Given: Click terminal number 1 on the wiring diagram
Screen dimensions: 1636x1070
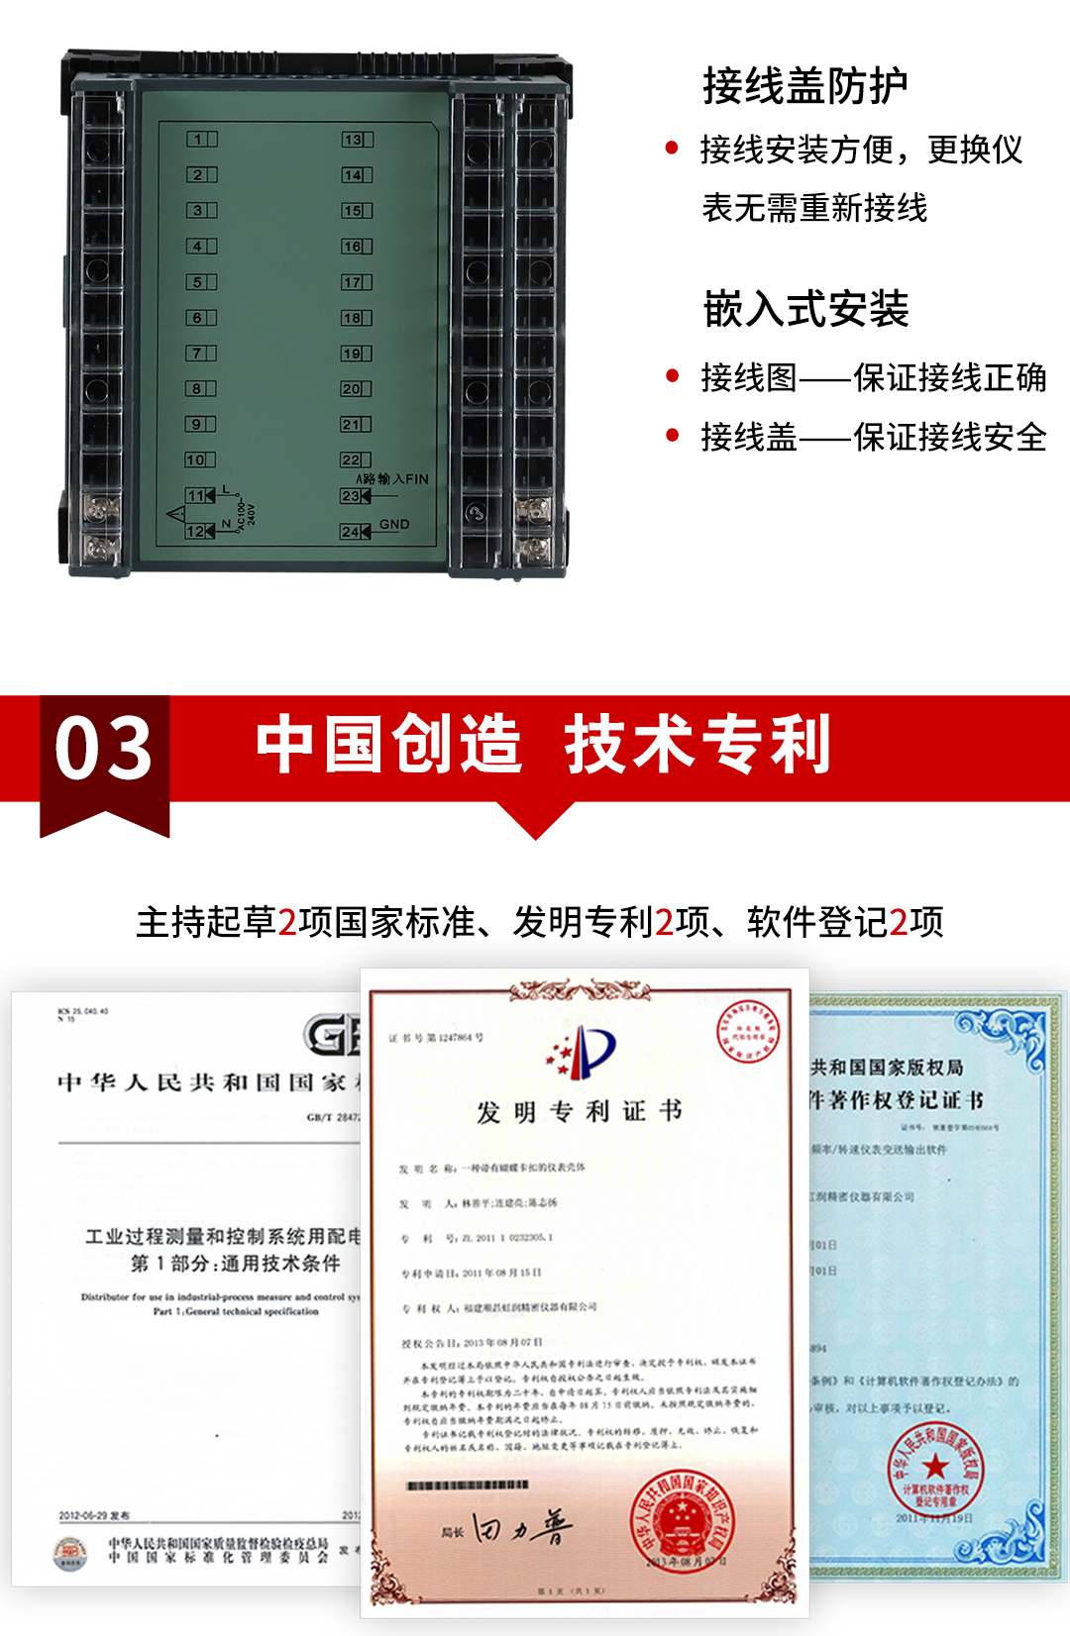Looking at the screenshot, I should tap(199, 140).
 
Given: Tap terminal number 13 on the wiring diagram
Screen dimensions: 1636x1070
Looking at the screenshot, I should tap(354, 140).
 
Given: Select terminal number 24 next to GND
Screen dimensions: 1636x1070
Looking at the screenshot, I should tap(352, 532).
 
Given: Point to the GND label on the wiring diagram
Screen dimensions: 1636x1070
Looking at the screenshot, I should tap(394, 524).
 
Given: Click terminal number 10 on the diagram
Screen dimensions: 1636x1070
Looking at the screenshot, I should tap(196, 460).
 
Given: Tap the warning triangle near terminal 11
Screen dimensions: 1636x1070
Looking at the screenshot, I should tap(175, 513).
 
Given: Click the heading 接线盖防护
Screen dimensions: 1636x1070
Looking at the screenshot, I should tap(804, 86).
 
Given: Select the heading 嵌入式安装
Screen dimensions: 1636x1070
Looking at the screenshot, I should tap(805, 309).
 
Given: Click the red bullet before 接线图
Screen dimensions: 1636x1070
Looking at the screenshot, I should tap(673, 376).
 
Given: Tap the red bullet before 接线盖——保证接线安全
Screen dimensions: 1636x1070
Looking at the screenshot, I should tap(673, 436).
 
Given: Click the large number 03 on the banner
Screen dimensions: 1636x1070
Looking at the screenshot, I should tap(104, 748).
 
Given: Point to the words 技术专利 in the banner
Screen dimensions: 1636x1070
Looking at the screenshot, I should tap(697, 744).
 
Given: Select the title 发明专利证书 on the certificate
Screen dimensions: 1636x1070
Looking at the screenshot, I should tap(580, 1111).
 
